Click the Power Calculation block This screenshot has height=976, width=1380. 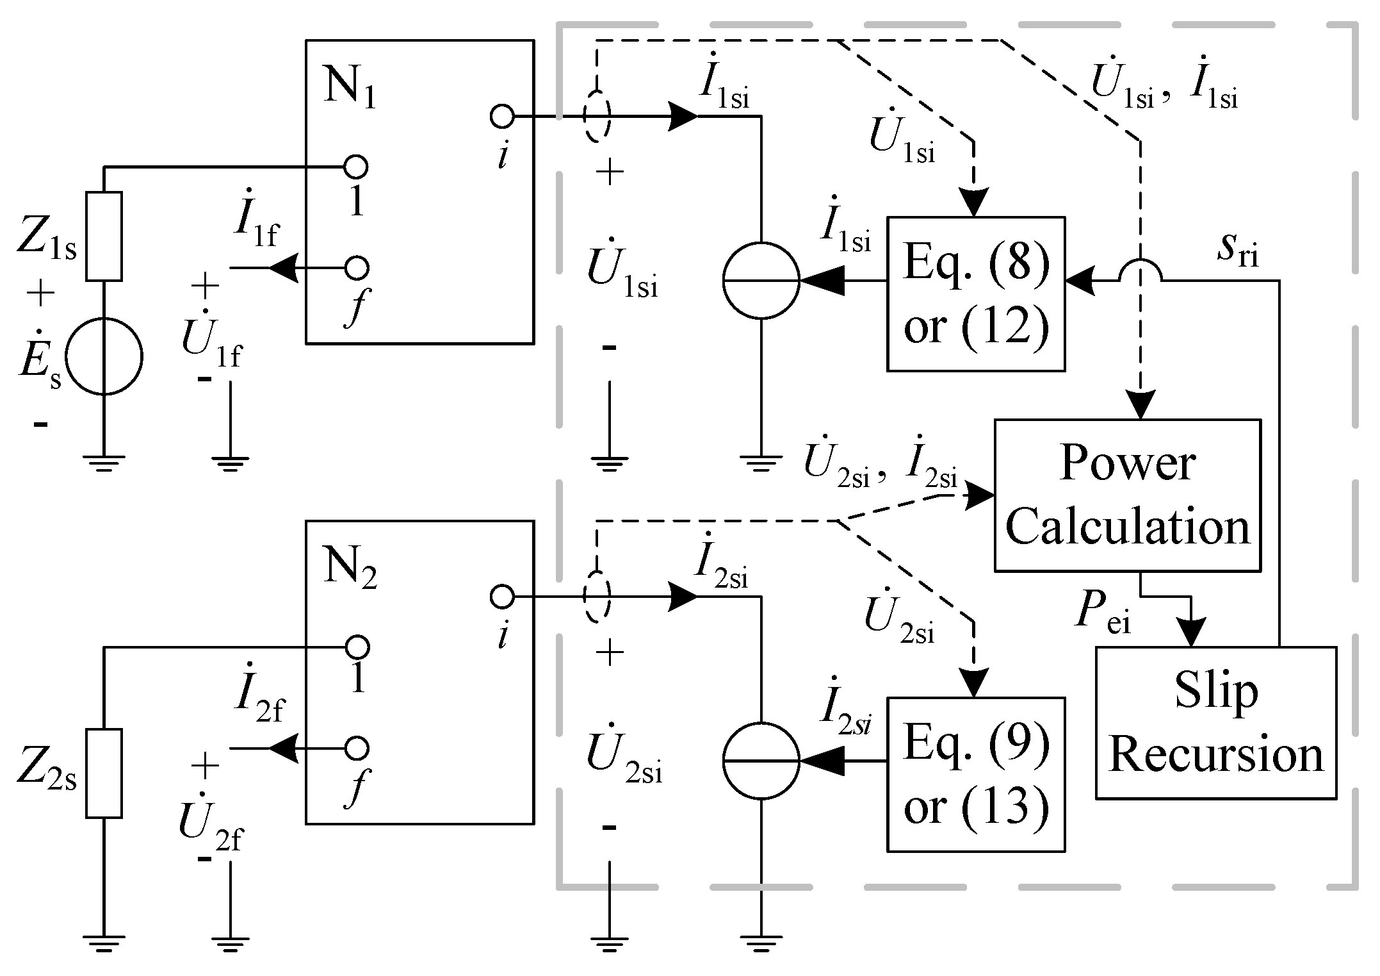(1127, 495)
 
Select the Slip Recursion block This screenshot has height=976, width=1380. (1215, 722)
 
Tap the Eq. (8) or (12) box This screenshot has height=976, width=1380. (975, 294)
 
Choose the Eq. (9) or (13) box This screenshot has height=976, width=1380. (975, 774)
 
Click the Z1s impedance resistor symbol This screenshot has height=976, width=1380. (104, 236)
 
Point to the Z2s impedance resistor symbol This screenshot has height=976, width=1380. (104, 773)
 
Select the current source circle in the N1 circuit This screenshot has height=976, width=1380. (761, 280)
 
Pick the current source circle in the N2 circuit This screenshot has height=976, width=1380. (761, 761)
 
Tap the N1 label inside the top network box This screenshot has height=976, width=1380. (350, 88)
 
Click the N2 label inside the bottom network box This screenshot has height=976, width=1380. (350, 568)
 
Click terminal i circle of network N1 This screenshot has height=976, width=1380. (501, 117)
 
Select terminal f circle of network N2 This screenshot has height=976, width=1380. (357, 748)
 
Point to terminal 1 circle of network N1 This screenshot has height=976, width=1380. (356, 167)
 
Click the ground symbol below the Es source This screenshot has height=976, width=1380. (104, 463)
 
